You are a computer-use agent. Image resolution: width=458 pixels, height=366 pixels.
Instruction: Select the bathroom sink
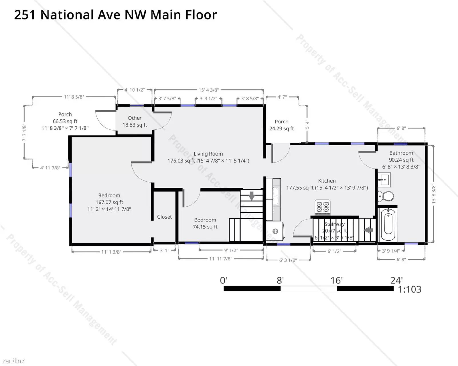[x=384, y=179]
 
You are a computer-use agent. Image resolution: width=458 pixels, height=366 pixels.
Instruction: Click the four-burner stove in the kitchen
[x=323, y=207]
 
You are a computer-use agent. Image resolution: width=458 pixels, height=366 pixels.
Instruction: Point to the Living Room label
[x=208, y=154]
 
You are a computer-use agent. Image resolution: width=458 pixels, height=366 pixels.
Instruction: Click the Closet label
[x=164, y=217]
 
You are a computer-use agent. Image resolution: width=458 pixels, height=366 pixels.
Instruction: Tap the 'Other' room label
[x=135, y=118]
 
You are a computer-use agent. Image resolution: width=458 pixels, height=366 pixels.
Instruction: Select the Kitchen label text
[x=327, y=181]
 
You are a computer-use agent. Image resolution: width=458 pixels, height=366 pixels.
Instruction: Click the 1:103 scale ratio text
[x=409, y=289]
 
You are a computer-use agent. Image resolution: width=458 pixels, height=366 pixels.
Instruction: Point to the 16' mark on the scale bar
[x=337, y=280]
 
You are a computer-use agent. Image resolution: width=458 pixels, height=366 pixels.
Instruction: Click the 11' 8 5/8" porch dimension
[x=74, y=97]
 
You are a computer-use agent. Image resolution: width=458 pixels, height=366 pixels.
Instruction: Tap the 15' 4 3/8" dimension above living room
[x=209, y=90]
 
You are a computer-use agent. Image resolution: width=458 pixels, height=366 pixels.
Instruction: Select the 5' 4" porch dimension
[x=307, y=125]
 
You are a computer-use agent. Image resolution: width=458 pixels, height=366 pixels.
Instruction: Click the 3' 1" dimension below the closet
[x=164, y=250]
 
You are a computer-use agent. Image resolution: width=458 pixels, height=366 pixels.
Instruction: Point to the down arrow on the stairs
[x=252, y=196]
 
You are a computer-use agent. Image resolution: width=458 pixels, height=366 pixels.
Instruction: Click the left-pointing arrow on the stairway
[x=368, y=230]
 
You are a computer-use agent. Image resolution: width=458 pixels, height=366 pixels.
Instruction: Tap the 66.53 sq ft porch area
[x=65, y=121]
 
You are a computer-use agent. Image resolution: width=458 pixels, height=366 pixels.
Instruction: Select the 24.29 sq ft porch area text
[x=281, y=128]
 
